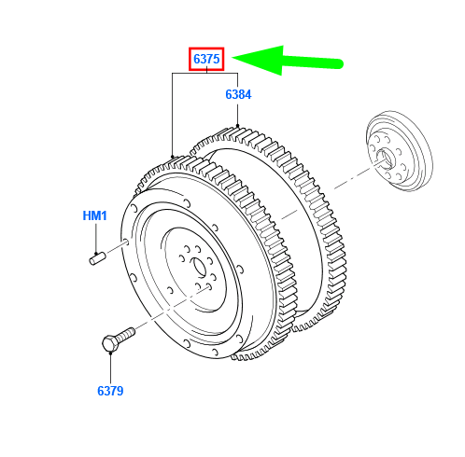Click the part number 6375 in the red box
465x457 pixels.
pos(206,59)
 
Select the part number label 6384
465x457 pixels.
pos(238,94)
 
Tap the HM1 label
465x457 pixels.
pos(94,215)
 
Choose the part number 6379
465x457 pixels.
pos(110,391)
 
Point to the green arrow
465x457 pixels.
pos(288,61)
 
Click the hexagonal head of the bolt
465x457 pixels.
pos(110,344)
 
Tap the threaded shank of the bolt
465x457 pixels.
pos(127,334)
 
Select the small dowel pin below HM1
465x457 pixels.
pos(97,259)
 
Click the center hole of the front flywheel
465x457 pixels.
pos(198,267)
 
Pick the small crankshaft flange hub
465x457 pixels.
pos(400,150)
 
